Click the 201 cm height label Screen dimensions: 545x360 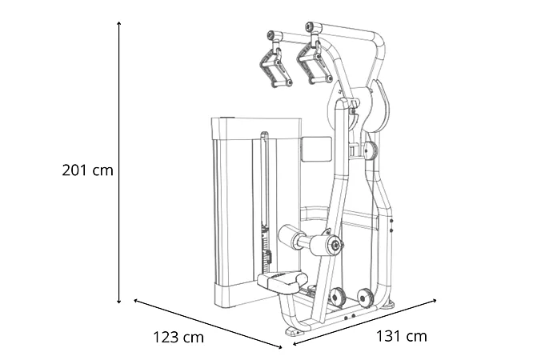tap(87, 170)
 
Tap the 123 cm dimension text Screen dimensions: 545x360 tap(178, 337)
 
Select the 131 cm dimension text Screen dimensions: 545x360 tap(402, 336)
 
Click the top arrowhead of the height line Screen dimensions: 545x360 tap(119, 23)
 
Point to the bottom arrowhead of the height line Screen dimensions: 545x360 tap(119, 302)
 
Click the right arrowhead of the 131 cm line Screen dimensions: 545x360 tap(434, 301)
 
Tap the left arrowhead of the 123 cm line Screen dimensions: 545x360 tap(136, 301)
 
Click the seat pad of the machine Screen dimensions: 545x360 tap(283, 281)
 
